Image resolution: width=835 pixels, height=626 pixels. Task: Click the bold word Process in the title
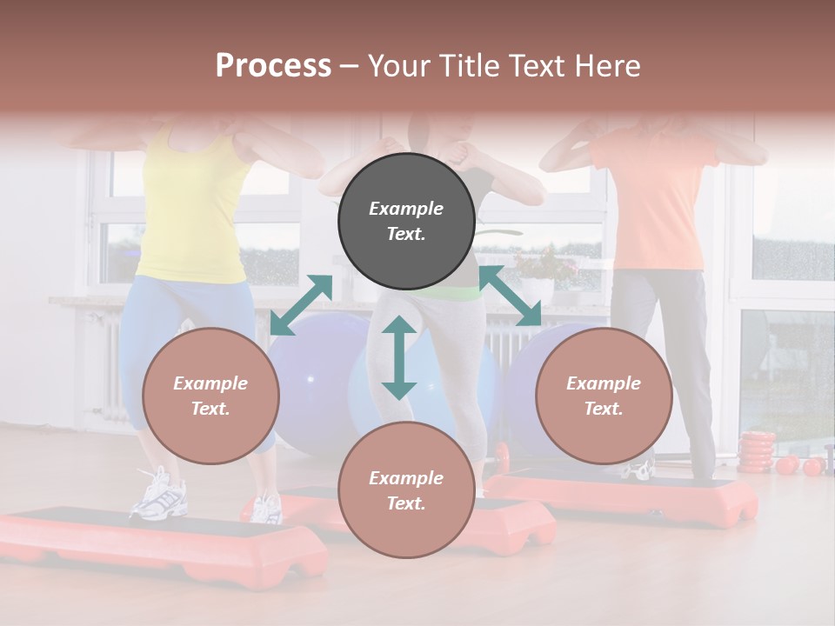click(273, 66)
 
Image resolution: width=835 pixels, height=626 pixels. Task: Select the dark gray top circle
click(406, 222)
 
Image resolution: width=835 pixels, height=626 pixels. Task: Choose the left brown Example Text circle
click(210, 396)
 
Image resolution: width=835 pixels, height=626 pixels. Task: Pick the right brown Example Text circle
click(604, 396)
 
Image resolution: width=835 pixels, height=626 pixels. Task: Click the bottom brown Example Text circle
click(406, 490)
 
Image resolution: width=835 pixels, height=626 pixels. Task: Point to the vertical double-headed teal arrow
click(399, 357)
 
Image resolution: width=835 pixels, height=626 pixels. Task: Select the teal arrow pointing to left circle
click(301, 305)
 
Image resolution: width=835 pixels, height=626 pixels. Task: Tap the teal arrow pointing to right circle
click(510, 296)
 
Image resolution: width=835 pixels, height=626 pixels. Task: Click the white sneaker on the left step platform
click(159, 494)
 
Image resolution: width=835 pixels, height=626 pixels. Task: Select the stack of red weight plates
click(756, 452)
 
